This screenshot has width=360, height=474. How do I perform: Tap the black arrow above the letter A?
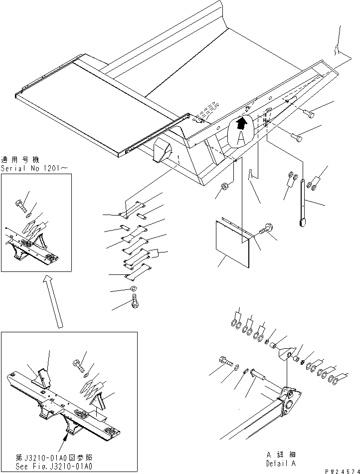click(242, 121)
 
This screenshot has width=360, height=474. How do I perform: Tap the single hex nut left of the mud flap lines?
click(224, 187)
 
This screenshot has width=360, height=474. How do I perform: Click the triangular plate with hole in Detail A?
click(286, 353)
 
